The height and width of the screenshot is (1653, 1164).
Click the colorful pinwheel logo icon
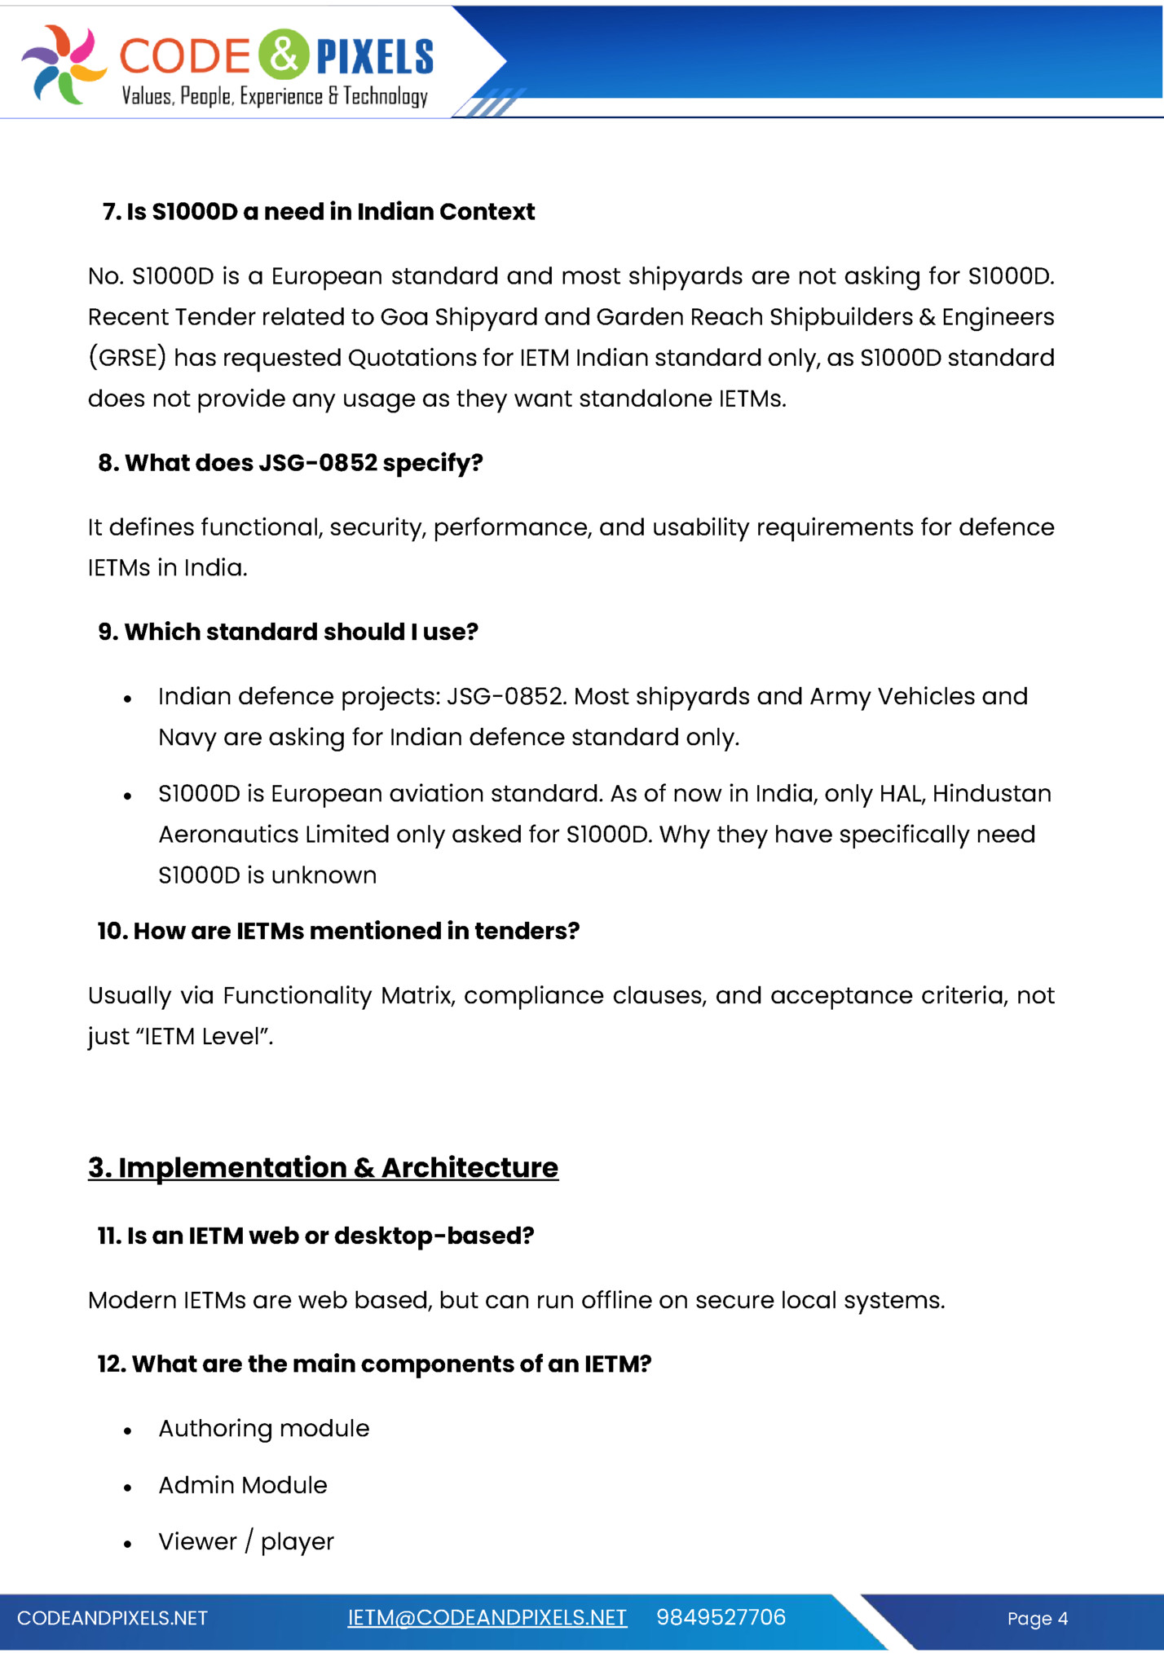(64, 64)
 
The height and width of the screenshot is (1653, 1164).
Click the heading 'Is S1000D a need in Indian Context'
(319, 212)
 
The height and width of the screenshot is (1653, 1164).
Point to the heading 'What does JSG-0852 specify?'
(290, 463)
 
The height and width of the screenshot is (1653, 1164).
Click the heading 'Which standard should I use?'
(288, 632)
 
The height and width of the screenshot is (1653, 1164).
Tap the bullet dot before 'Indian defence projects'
(128, 699)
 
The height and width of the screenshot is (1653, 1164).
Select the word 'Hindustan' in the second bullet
(991, 793)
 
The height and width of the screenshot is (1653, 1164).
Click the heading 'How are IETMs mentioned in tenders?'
(338, 931)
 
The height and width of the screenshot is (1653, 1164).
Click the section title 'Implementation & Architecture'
(323, 1167)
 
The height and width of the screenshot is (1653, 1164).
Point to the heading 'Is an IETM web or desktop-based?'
(315, 1236)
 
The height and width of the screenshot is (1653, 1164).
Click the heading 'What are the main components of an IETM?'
(374, 1364)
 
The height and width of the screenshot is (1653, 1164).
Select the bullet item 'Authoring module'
(263, 1428)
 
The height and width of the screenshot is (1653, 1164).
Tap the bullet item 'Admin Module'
(242, 1485)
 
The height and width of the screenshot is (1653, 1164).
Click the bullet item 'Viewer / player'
(245, 1541)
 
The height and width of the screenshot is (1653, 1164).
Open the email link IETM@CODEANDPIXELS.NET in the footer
(487, 1617)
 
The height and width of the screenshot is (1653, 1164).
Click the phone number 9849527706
(721, 1617)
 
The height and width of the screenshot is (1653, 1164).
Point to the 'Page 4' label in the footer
(1037, 1619)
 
